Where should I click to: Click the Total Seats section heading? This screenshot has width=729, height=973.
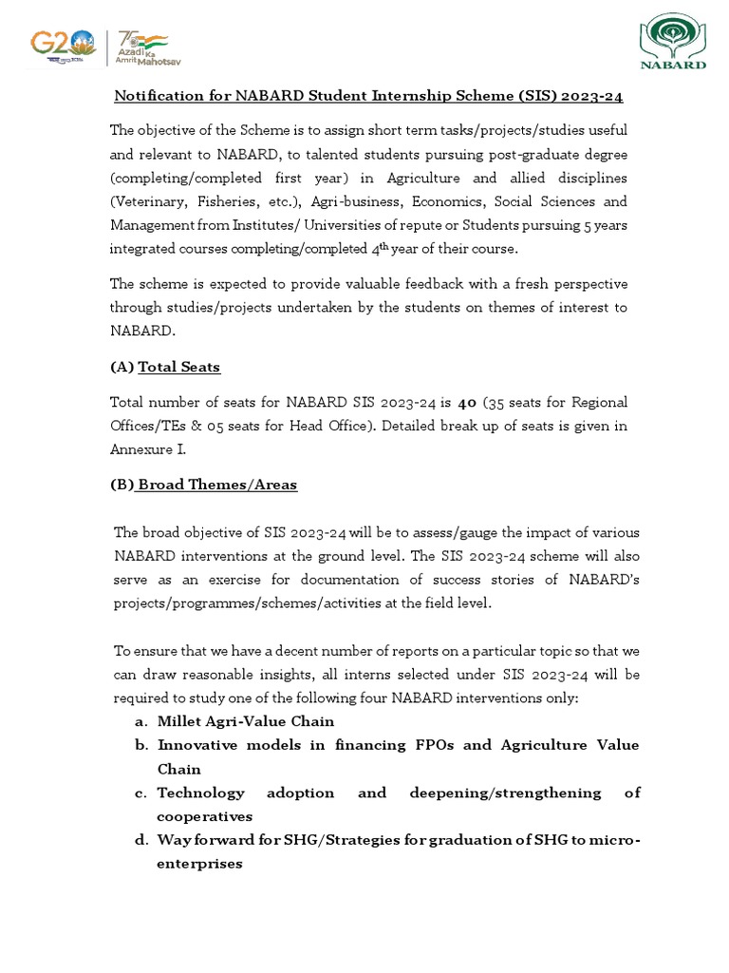pos(179,367)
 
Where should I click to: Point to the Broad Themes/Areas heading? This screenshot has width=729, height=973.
pos(217,485)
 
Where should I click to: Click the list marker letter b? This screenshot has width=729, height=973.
pos(140,745)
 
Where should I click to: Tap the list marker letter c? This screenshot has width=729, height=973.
pos(140,792)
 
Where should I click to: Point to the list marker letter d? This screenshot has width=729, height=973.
pos(140,840)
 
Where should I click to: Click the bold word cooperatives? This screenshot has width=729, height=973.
pos(204,816)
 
